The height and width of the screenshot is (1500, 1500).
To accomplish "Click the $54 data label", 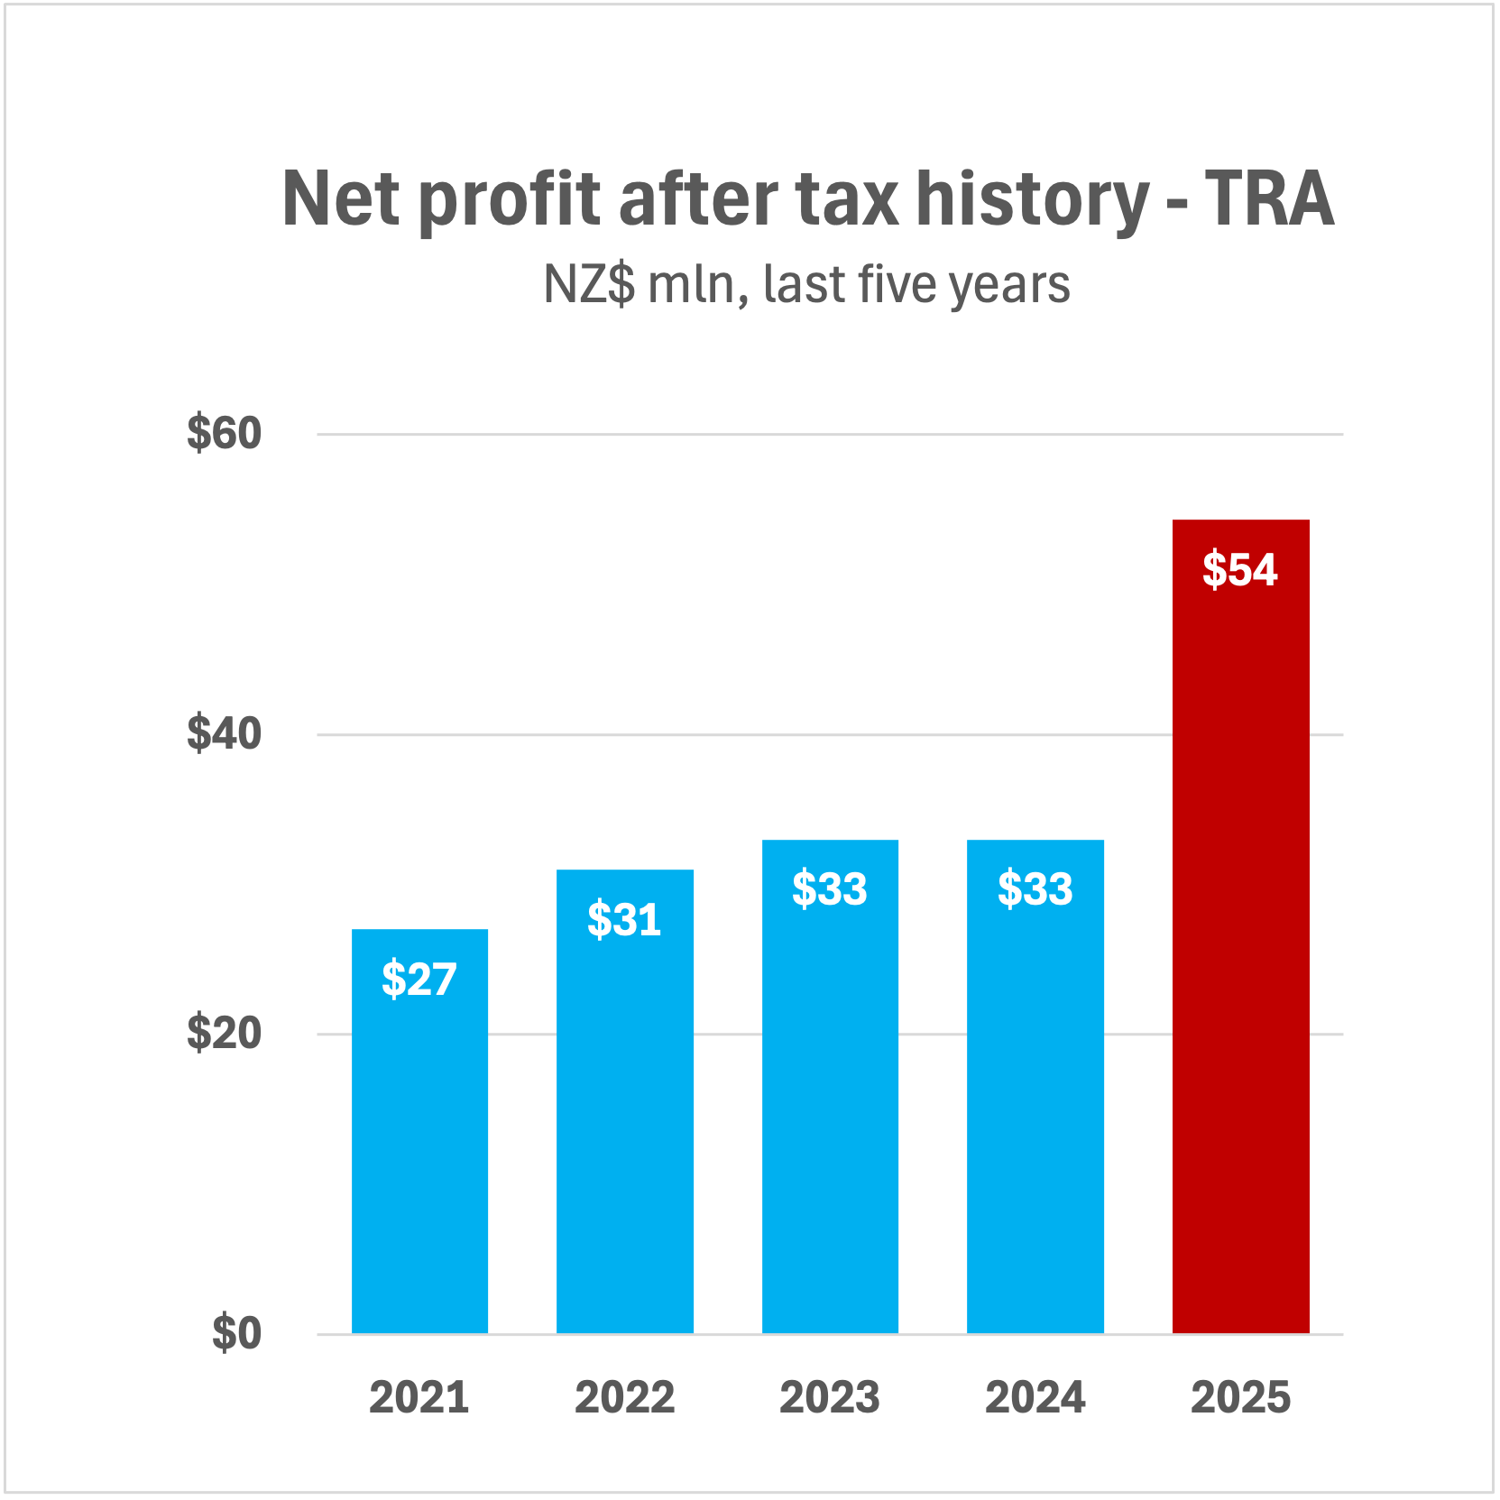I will (1240, 570).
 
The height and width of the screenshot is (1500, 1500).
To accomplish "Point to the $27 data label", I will (419, 980).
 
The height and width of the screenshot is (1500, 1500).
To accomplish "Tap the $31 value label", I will (624, 920).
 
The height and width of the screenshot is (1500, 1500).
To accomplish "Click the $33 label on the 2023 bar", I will (830, 889).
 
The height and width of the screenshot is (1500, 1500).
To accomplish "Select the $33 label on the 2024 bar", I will (1035, 889).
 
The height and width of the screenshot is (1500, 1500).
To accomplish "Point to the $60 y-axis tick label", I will (224, 433).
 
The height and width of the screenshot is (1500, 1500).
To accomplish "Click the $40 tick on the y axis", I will (224, 733).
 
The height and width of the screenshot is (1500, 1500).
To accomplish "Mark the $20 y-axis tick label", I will (224, 1033).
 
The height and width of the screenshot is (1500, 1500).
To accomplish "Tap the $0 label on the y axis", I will (236, 1333).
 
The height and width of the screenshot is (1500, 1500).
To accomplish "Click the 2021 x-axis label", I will (419, 1397).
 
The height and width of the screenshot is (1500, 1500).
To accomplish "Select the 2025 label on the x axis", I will (1240, 1397).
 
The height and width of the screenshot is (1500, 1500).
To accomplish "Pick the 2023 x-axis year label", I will (830, 1397).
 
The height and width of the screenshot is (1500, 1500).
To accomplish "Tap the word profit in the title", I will (510, 200).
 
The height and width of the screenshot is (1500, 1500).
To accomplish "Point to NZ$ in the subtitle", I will (588, 285).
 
